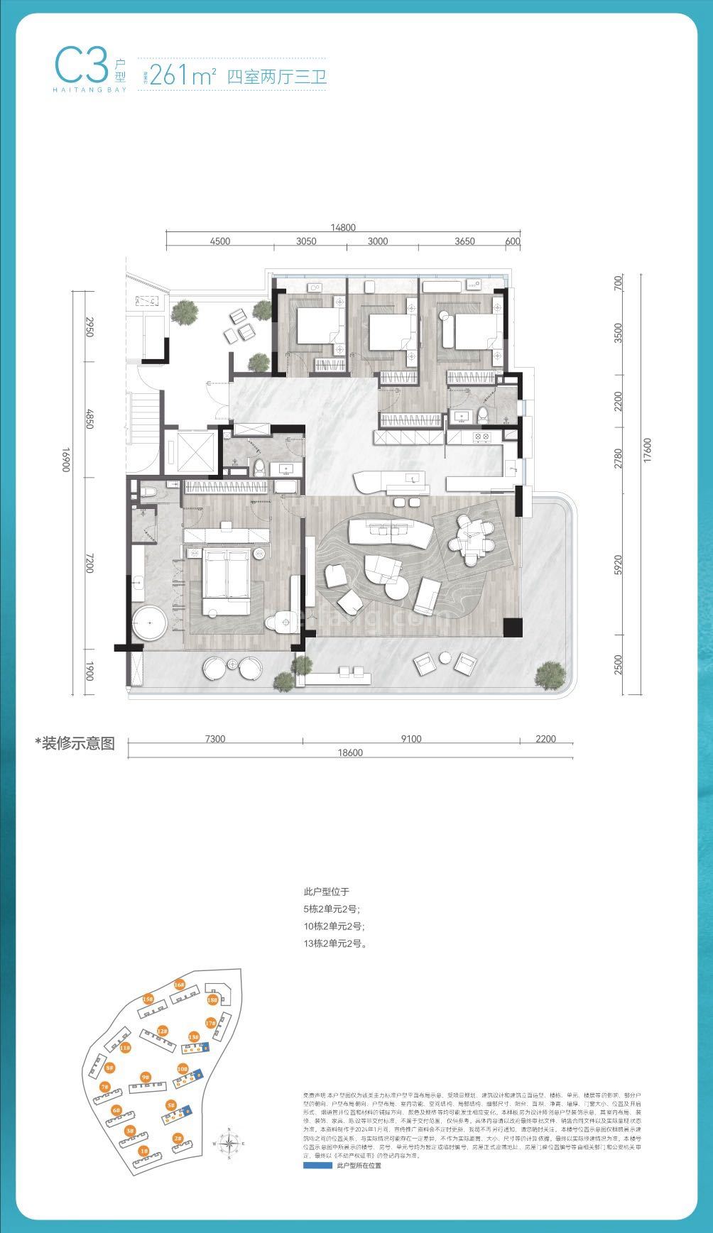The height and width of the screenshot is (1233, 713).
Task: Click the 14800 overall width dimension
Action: click(343, 228)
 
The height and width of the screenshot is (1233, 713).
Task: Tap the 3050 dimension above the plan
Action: click(305, 241)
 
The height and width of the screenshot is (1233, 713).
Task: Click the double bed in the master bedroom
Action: click(227, 576)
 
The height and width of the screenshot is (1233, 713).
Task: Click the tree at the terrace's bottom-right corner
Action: click(550, 673)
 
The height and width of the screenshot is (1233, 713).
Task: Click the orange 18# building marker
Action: click(212, 1000)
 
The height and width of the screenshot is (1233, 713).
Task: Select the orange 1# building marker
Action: click(143, 1151)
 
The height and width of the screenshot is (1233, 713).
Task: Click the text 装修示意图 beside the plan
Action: click(75, 744)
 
